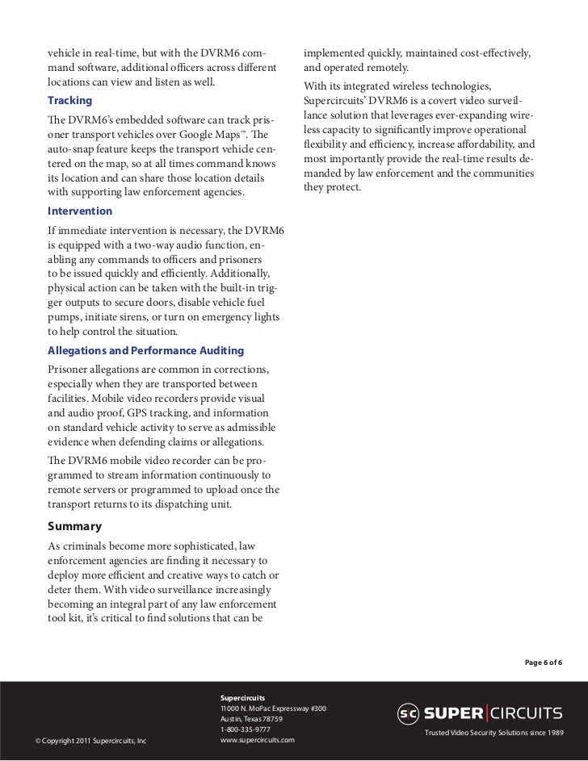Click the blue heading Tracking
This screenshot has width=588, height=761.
tap(69, 101)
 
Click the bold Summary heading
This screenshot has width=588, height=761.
tap(74, 526)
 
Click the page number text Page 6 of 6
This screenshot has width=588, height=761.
tap(544, 663)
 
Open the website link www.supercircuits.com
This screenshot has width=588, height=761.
tap(257, 740)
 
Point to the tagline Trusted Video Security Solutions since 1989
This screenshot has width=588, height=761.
tap(493, 732)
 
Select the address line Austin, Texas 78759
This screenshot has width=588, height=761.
tap(251, 719)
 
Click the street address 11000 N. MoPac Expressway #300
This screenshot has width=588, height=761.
tap(273, 709)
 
